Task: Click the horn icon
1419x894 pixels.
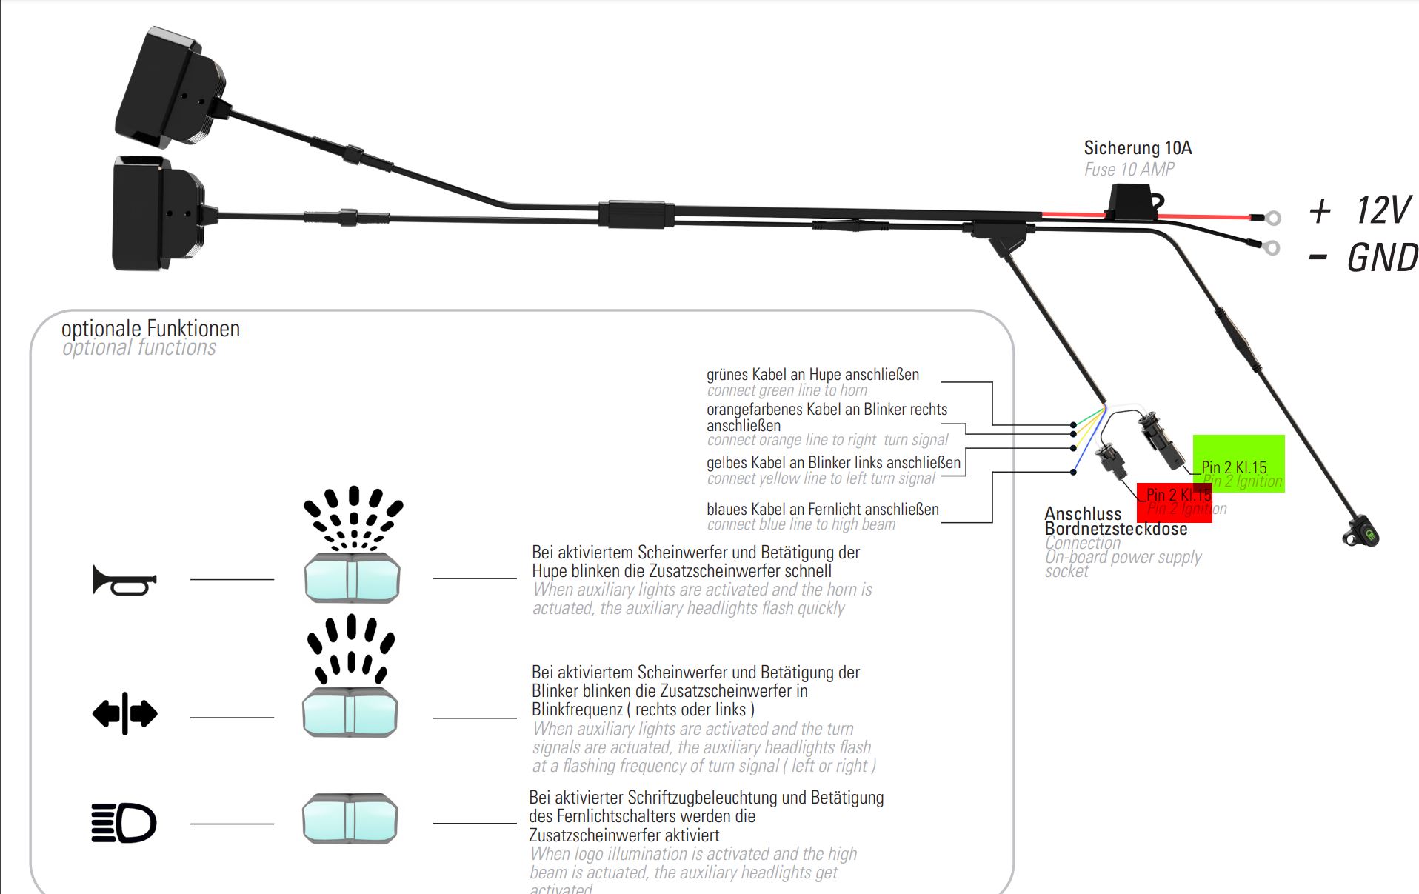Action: pos(124,579)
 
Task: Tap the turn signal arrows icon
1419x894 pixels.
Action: pos(124,714)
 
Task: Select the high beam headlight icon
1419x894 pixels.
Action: pos(124,823)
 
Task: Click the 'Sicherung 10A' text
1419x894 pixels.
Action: pos(1138,148)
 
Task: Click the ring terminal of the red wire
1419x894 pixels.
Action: pos(1272,218)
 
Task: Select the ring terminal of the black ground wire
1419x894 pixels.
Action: pos(1271,247)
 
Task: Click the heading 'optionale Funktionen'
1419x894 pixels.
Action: pos(150,328)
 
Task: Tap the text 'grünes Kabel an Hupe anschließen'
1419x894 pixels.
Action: pos(812,375)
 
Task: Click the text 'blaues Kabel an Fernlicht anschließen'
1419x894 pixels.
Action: pos(822,509)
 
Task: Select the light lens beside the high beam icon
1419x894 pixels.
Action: pos(350,818)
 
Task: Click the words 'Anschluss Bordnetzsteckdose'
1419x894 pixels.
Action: pos(1115,521)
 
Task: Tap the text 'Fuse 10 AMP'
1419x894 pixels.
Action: pos(1129,170)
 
